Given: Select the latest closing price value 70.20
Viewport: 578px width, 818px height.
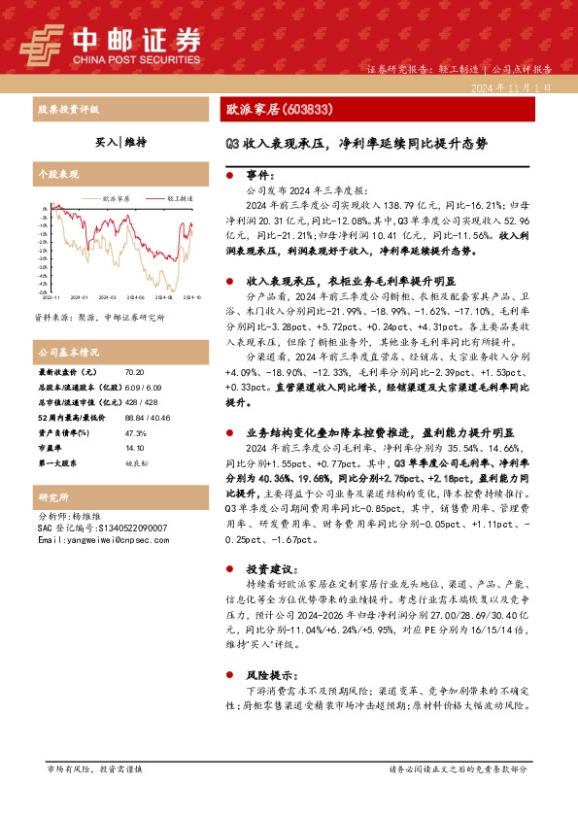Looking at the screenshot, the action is pyautogui.click(x=134, y=373).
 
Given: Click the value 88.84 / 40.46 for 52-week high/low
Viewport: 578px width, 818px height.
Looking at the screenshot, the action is pyautogui.click(x=144, y=415).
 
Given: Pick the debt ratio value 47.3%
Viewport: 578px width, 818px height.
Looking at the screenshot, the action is pyautogui.click(x=135, y=434).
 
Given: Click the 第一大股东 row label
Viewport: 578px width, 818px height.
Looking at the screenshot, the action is pyautogui.click(x=57, y=462).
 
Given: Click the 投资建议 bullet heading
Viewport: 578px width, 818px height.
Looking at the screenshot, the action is pyautogui.click(x=270, y=568).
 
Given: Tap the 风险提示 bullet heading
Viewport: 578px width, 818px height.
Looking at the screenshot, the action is pyautogui.click(x=270, y=673).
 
